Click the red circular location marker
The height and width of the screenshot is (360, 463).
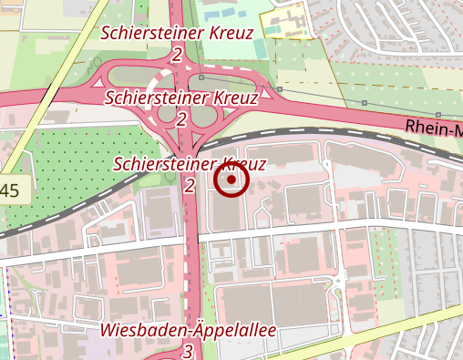(x=231, y=180)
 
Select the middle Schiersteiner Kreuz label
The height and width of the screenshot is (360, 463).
(x=181, y=96)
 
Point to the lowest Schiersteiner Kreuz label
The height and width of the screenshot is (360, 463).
(x=189, y=164)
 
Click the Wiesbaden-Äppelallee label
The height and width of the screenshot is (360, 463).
(x=189, y=329)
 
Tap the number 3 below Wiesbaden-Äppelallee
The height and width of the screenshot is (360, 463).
(x=188, y=350)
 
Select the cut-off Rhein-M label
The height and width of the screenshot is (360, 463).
(x=434, y=129)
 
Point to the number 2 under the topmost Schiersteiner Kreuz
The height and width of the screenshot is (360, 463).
(x=176, y=55)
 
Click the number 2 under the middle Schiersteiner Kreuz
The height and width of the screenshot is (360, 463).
(x=181, y=118)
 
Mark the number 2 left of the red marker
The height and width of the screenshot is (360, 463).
(x=190, y=186)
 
